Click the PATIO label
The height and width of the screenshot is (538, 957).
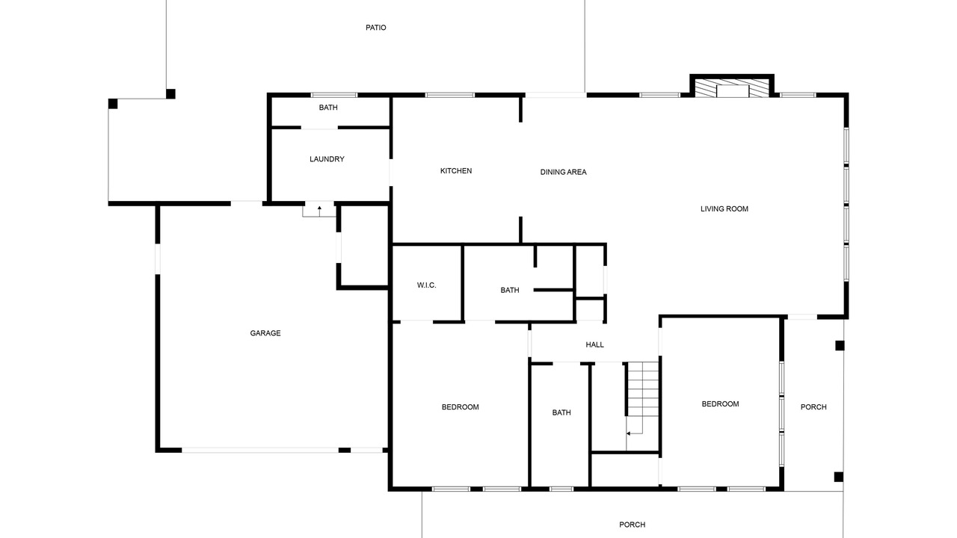[x=375, y=28]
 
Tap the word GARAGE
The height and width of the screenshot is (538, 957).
[x=265, y=333]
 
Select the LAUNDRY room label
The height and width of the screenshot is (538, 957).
[x=327, y=159]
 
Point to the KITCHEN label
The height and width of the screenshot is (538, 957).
[x=456, y=171]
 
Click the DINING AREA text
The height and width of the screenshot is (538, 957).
[x=563, y=172]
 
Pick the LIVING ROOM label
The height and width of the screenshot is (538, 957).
[x=724, y=208]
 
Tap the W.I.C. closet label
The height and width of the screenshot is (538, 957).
[x=426, y=285]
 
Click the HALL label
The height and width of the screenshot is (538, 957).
[x=594, y=344]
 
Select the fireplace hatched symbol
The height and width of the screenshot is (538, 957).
[x=731, y=88]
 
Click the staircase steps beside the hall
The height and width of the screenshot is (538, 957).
[x=642, y=389]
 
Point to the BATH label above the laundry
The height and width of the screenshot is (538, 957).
[x=328, y=108]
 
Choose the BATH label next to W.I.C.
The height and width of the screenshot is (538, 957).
[x=510, y=291]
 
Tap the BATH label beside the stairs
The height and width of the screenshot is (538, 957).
[x=561, y=412]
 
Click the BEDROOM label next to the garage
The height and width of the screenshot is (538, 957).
[x=460, y=407]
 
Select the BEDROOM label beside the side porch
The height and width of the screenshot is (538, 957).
[x=720, y=404]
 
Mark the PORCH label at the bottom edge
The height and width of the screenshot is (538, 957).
[x=633, y=525]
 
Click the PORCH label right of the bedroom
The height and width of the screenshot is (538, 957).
[x=813, y=407]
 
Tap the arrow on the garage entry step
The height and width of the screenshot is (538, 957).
[x=319, y=211]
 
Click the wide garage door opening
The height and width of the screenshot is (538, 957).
[x=260, y=450]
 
